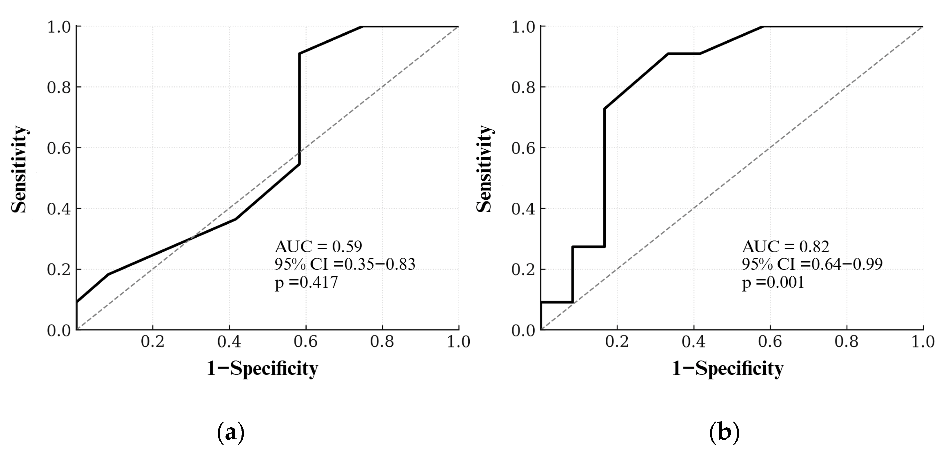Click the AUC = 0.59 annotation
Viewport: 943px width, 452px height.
[x=318, y=247]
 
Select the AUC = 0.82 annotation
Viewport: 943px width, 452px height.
[x=785, y=247]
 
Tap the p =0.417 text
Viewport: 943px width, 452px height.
[x=306, y=282]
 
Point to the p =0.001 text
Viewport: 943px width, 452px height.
[x=773, y=282]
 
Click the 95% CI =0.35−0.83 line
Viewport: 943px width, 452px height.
[x=345, y=264]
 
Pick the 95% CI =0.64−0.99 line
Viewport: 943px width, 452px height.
[x=812, y=264]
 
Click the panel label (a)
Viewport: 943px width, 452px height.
[x=231, y=433]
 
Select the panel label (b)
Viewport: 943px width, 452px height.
[x=724, y=433]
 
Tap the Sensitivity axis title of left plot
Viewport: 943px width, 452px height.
[x=19, y=169]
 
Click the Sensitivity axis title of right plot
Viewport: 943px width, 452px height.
[x=484, y=169]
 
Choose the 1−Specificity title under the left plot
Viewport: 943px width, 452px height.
[x=263, y=368]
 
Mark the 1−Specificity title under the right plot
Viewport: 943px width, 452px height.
[x=728, y=368]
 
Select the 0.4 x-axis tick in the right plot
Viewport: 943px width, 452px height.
[x=693, y=342]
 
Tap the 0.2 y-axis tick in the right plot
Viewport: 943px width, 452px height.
[x=523, y=270]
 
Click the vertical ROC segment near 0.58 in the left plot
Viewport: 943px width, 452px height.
[x=299, y=110]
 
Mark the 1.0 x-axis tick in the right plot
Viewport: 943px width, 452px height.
[x=922, y=342]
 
